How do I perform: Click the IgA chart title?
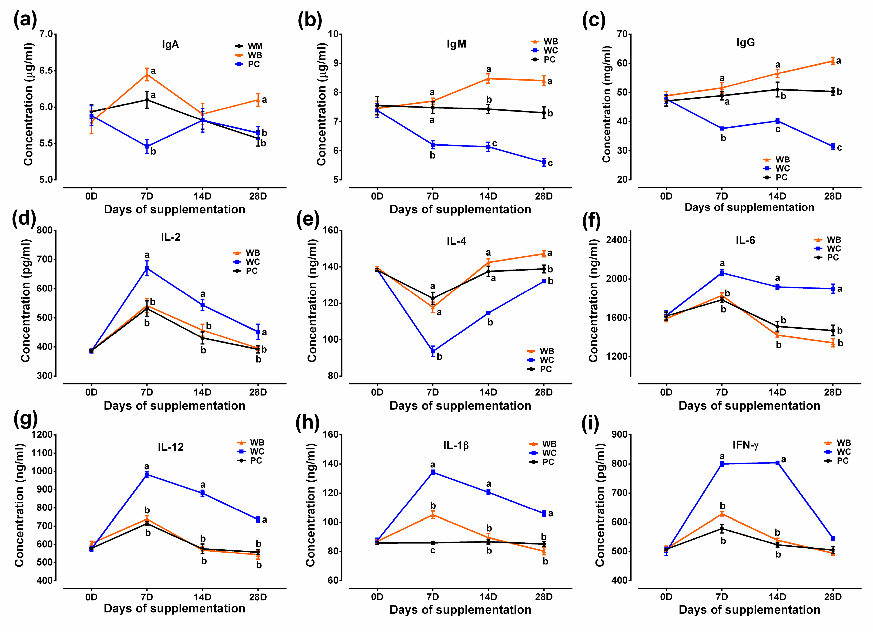tap(170, 45)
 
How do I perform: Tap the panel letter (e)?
tap(308, 220)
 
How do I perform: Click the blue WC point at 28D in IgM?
tap(544, 162)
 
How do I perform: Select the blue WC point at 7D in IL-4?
tap(433, 351)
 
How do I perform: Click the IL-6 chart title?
tap(745, 241)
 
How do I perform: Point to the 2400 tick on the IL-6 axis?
tap(617, 240)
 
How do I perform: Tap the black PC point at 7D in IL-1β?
tap(433, 543)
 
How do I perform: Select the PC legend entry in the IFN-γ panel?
tap(842, 461)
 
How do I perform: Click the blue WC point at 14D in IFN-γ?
tap(777, 463)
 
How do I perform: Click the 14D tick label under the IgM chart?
tap(488, 196)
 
